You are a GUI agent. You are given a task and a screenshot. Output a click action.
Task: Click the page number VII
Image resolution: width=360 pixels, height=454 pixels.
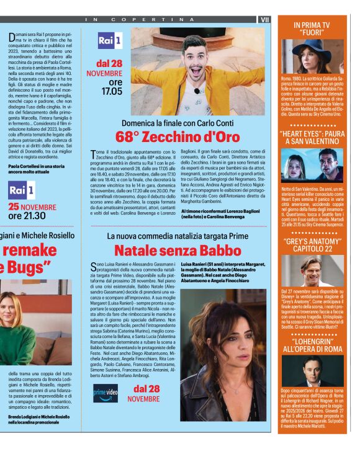[x=265, y=19]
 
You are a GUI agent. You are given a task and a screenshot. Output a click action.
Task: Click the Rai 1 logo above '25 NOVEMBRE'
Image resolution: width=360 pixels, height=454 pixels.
[x=22, y=190]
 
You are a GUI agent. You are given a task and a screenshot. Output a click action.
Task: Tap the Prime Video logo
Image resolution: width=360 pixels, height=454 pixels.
[x=105, y=393]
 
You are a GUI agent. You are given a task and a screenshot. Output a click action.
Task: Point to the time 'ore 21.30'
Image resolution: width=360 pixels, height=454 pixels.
[x=27, y=216]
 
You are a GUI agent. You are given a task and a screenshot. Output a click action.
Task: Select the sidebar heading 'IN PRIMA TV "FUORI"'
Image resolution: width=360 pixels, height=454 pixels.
[x=312, y=28]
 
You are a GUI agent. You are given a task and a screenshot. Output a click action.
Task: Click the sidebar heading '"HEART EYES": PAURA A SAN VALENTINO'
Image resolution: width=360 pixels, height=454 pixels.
[x=312, y=137]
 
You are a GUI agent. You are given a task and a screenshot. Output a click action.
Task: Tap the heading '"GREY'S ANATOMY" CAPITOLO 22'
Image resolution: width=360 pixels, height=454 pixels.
[x=312, y=244]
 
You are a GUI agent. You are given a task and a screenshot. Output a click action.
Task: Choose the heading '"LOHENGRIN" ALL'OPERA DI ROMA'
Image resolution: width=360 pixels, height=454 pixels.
[x=312, y=345]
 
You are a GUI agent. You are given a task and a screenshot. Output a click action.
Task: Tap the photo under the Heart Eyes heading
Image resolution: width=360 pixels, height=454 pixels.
[x=312, y=164]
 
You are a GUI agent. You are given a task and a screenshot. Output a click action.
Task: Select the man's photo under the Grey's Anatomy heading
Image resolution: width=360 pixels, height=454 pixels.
[x=312, y=271]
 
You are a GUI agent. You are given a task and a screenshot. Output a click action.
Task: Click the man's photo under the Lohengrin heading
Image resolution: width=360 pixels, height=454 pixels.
[x=312, y=370]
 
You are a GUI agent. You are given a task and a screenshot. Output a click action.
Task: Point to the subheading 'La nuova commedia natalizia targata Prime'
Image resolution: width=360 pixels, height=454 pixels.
[x=177, y=236]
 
